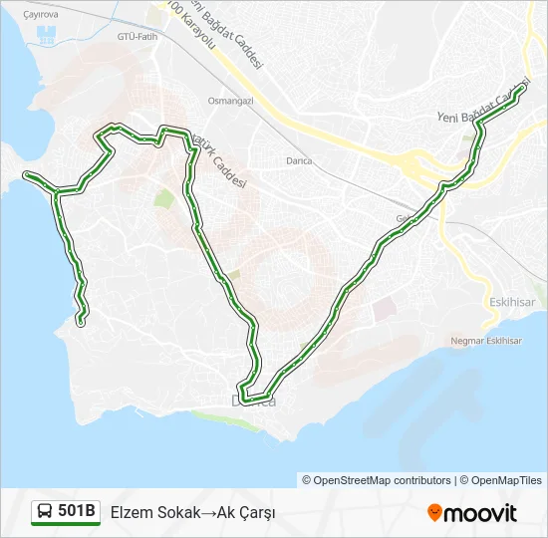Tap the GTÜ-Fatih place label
[x=137, y=36]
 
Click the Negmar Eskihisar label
[x=486, y=341]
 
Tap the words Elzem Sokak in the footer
[x=148, y=512]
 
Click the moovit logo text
[x=480, y=513]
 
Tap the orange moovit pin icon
[x=434, y=512]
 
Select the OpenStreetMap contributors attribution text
[x=377, y=480]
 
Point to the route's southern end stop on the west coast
[x=81, y=321]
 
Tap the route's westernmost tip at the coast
[x=27, y=175]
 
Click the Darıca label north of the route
[x=298, y=160]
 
